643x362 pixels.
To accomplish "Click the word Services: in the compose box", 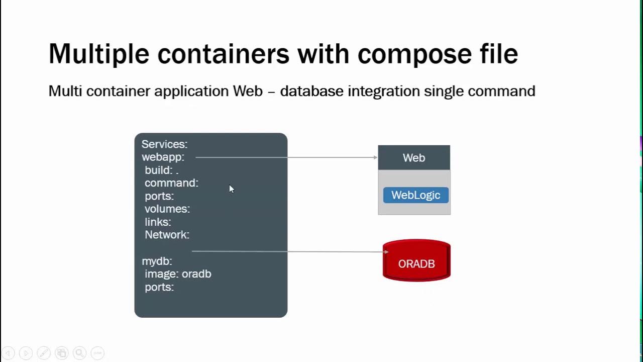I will (x=164, y=144).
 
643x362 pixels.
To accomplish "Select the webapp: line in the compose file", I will (x=163, y=157).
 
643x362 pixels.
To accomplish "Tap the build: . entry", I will (x=161, y=170).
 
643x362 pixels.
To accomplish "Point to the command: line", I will (x=171, y=183).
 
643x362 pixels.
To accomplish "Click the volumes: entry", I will (x=167, y=209).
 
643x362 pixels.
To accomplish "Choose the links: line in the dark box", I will (x=158, y=222).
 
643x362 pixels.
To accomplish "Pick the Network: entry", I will (x=167, y=235).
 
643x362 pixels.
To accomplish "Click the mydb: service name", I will (x=157, y=261).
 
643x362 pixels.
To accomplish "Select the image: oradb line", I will (x=178, y=274).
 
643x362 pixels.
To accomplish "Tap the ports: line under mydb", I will (x=159, y=287).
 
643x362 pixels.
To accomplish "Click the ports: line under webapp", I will (x=159, y=196).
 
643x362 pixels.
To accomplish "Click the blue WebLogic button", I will (x=415, y=195).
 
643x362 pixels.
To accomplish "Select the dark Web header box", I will (x=414, y=158).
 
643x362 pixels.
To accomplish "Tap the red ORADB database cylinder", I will (x=416, y=261).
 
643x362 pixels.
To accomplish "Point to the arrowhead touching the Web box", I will (x=375, y=157).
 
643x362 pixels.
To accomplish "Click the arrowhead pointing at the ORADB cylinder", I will (x=386, y=252).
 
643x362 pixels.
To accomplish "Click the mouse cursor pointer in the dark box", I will (x=231, y=189).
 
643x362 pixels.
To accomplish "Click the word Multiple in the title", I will (x=98, y=54).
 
